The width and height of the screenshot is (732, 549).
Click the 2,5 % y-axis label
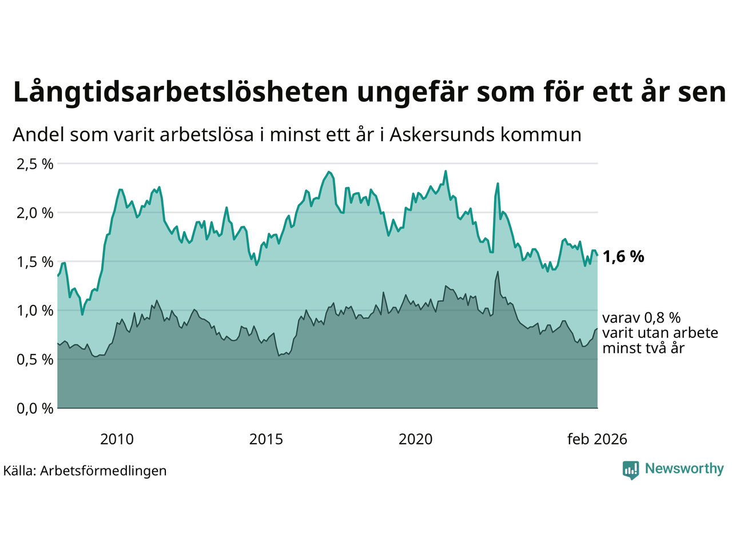point(35,164)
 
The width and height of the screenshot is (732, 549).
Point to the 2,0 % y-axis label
point(35,213)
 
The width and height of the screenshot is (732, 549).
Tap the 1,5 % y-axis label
point(35,262)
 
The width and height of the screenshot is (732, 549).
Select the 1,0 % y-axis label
point(35,311)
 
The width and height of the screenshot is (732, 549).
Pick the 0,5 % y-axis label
point(35,360)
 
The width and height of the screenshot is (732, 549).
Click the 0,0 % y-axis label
point(35,408)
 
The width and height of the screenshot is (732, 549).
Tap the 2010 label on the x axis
point(117,439)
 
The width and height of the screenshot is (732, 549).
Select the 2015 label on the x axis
point(266,439)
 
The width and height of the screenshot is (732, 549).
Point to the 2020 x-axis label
point(415,439)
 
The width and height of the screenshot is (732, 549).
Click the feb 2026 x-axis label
point(597,439)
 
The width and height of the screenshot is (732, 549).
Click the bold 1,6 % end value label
point(623,257)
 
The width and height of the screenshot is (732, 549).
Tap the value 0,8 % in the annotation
point(662,318)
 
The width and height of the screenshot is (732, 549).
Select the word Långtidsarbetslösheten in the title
point(180,93)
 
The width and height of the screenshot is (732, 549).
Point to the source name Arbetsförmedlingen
point(104,471)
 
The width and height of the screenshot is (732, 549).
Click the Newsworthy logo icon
point(631,470)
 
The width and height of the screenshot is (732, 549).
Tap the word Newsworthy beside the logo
point(684,469)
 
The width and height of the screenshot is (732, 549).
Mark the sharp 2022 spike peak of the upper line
point(498,184)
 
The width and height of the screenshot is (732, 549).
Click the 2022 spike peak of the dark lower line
point(498,272)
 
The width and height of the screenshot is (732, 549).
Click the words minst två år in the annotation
point(643,348)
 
